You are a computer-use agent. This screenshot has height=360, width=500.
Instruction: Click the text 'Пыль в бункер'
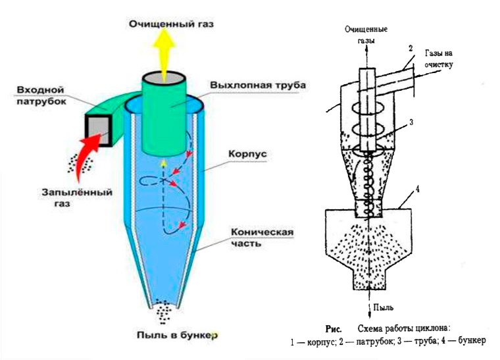tap(168, 335)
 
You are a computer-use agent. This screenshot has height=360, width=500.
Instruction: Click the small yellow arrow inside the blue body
tap(162, 162)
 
